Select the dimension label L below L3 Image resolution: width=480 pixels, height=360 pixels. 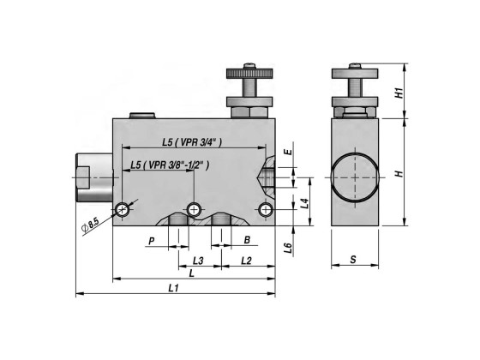coord(190,273)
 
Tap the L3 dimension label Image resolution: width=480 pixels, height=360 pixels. coord(198,259)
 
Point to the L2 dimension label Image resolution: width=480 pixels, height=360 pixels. coord(246,259)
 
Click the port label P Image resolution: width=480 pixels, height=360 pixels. coord(151,241)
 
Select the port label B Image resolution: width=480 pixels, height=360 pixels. coord(246,241)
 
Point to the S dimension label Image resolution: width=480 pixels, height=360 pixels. coord(354,259)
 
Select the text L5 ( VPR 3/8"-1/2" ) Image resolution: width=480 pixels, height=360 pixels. coord(169,165)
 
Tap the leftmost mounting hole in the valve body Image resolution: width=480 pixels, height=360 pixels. coord(125,209)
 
